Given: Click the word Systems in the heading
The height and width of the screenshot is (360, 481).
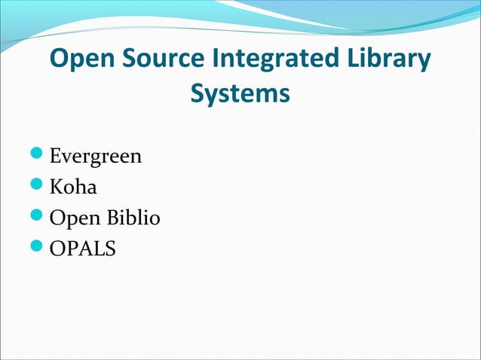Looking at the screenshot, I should click(240, 94).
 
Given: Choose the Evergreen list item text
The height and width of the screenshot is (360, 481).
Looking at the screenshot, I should click(96, 158).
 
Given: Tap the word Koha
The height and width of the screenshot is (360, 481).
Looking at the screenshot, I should click(73, 188).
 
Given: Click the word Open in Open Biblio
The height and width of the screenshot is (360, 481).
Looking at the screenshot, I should click(72, 219).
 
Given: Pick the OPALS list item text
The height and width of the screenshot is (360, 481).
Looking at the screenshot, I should click(83, 248).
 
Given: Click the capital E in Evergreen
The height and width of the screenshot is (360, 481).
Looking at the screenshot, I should click(56, 157).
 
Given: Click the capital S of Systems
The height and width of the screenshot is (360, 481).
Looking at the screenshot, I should click(199, 94).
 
